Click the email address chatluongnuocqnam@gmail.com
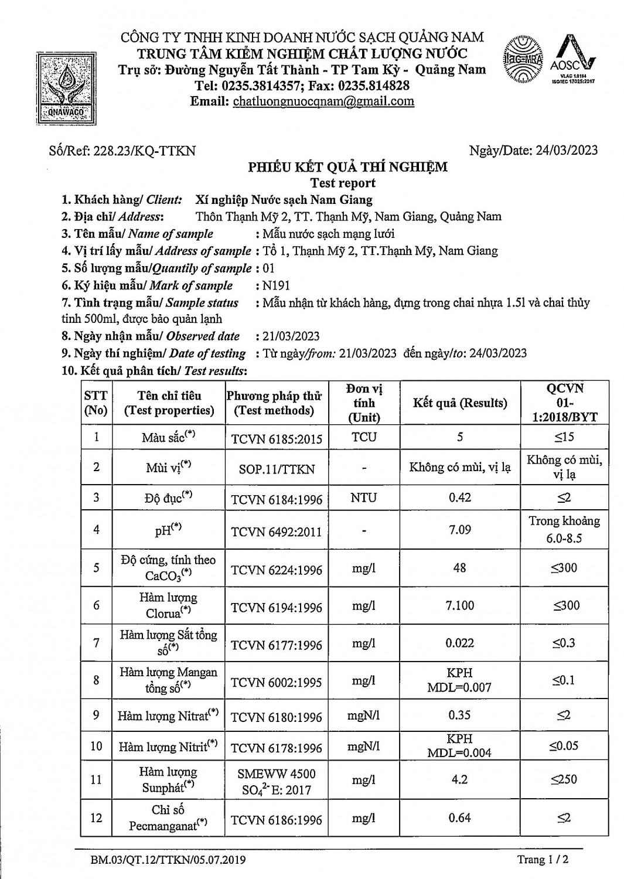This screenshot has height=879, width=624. click(x=323, y=101)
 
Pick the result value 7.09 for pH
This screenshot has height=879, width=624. click(x=459, y=530)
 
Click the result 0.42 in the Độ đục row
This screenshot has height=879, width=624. click(x=459, y=498)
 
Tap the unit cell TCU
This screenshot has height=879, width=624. click(x=364, y=437)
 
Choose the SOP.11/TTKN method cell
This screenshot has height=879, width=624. click(x=277, y=469)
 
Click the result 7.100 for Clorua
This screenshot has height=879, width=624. click(x=459, y=605)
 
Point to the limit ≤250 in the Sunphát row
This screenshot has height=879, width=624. click(x=564, y=779)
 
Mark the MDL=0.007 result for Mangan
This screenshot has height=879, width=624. click(x=459, y=687)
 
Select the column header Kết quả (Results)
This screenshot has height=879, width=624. click(x=459, y=403)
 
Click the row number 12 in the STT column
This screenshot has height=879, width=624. click(x=96, y=817)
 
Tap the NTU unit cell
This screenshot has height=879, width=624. click(x=364, y=498)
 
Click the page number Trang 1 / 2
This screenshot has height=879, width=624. click(x=543, y=860)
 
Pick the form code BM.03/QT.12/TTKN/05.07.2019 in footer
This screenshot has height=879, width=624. click(x=168, y=860)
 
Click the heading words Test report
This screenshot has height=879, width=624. click(x=343, y=183)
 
